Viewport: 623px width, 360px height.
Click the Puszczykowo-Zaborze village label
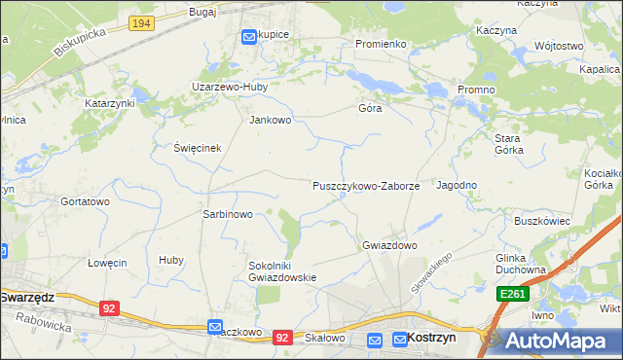pyautogui.click(x=366, y=185)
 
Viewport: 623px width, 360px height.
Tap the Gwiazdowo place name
pyautogui.click(x=389, y=245)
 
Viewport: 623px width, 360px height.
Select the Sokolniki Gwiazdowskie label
pyautogui.click(x=283, y=270)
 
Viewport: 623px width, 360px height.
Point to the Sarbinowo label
pyautogui.click(x=227, y=214)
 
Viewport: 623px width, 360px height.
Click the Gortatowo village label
pyautogui.click(x=85, y=201)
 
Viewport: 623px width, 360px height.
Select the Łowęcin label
pyautogui.click(x=107, y=263)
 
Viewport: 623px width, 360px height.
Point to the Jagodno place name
pyautogui.click(x=457, y=185)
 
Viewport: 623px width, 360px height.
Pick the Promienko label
pyautogui.click(x=380, y=44)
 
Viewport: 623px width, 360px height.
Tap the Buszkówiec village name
pyautogui.click(x=541, y=221)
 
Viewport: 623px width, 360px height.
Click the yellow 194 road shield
pyautogui.click(x=141, y=21)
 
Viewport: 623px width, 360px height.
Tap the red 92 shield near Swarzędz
pyautogui.click(x=109, y=307)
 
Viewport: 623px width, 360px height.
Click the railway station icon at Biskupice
pyautogui.click(x=247, y=36)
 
